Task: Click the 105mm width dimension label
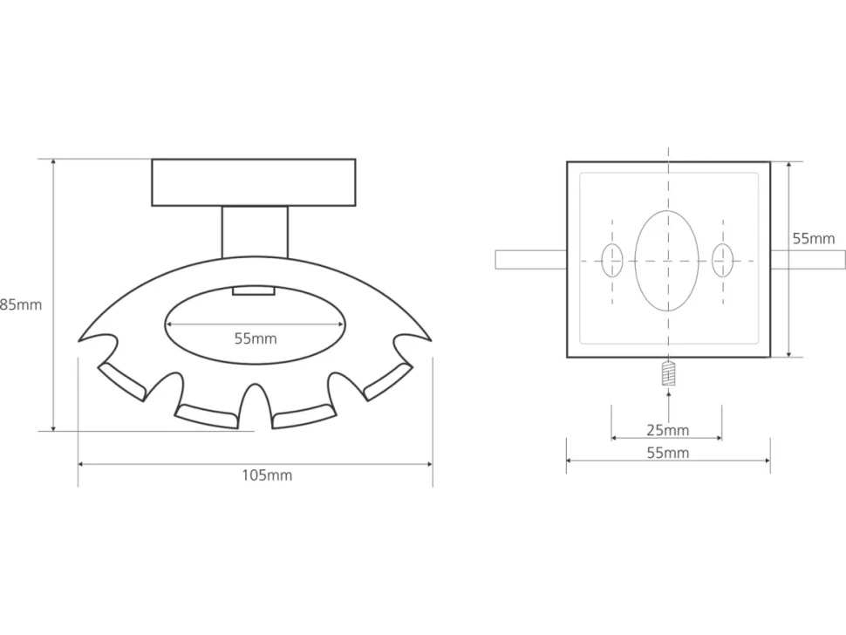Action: pyautogui.click(x=267, y=475)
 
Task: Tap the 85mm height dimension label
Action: pyautogui.click(x=21, y=304)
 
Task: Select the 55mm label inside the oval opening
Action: pyautogui.click(x=256, y=338)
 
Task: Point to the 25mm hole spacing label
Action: pyautogui.click(x=668, y=431)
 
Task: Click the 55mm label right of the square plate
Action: pyautogui.click(x=814, y=238)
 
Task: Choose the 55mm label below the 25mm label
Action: pyautogui.click(x=668, y=453)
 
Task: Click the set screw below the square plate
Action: pyautogui.click(x=668, y=372)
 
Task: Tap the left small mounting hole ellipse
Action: pyautogui.click(x=612, y=260)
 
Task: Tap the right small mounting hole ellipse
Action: pyautogui.click(x=722, y=260)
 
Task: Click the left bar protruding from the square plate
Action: pyautogui.click(x=531, y=260)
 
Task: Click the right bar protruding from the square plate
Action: pyautogui.click(x=808, y=260)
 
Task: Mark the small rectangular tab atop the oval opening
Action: pyautogui.click(x=254, y=290)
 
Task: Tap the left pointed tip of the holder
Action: pyautogui.click(x=78, y=341)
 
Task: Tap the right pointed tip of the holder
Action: pyautogui.click(x=431, y=341)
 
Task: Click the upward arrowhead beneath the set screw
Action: pyautogui.click(x=668, y=393)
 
